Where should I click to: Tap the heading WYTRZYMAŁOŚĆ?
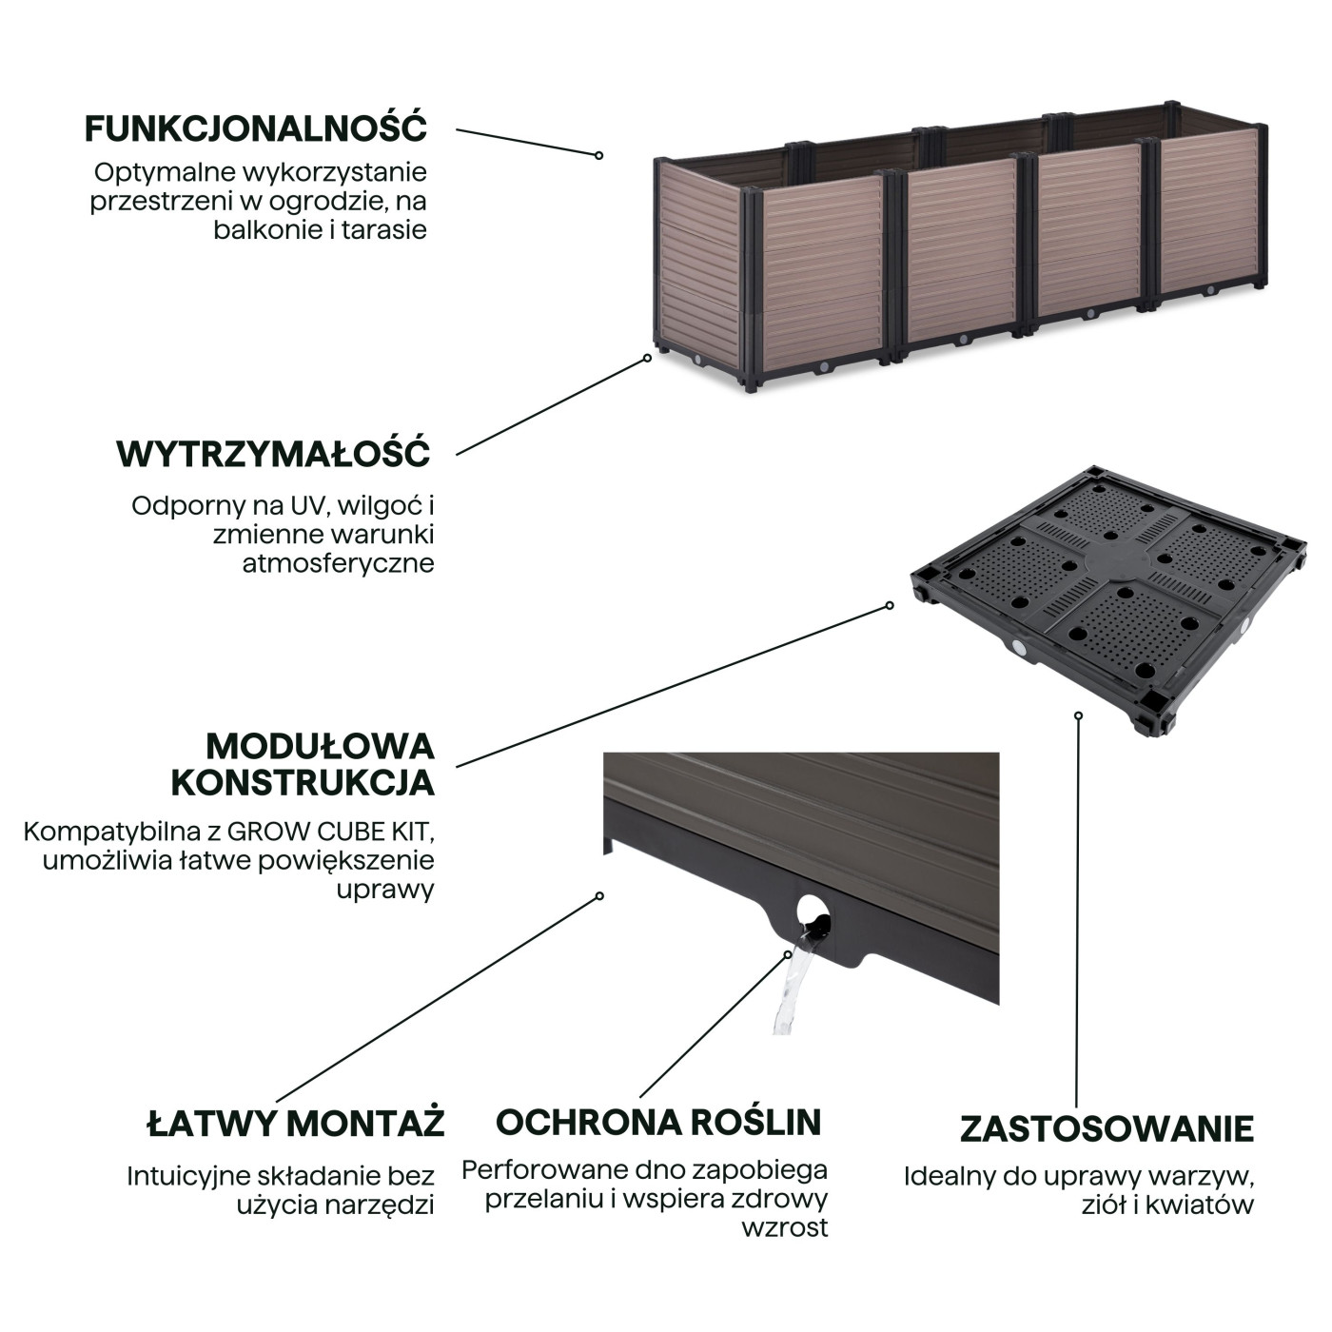coord(274,454)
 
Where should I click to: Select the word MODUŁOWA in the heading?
coord(320,747)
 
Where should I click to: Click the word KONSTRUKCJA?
coord(303,783)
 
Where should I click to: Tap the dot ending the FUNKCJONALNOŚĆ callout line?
coord(599,155)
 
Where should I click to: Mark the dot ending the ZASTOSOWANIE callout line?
coord(1078,715)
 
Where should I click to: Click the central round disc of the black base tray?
coord(1113,558)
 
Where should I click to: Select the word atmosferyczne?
coord(338,564)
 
